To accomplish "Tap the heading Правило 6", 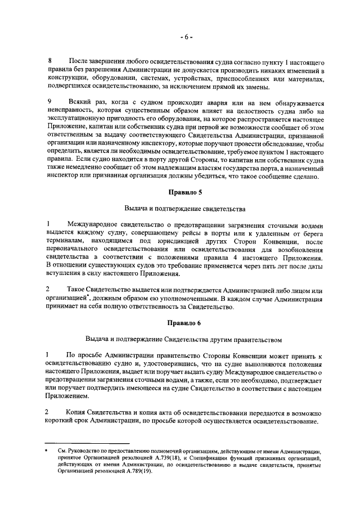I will point(186,323).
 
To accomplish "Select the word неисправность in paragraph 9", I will point(70,112).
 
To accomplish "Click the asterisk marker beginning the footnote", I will point(49,451).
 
